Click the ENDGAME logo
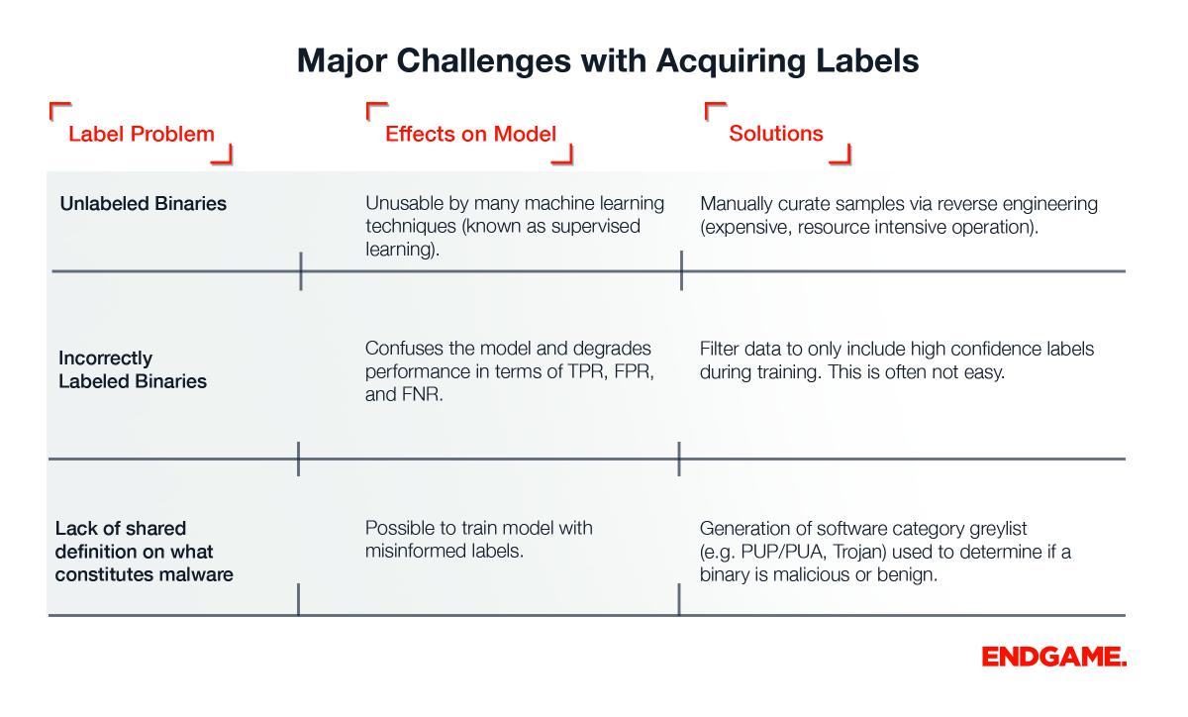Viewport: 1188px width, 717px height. pos(1053,657)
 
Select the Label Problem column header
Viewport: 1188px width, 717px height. pos(141,134)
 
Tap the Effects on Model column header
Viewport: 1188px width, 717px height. pos(470,134)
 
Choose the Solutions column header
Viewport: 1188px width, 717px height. pos(776,134)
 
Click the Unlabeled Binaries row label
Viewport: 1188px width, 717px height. pos(144,203)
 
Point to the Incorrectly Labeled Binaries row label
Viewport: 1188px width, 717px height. pos(133,369)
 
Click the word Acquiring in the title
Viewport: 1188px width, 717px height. pos(732,61)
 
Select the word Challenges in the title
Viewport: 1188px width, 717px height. pos(484,60)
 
